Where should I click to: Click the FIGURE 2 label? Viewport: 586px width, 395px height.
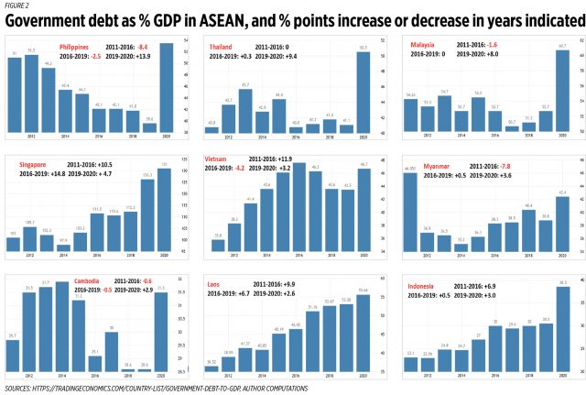15,5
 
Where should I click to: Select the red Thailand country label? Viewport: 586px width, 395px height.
221,45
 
